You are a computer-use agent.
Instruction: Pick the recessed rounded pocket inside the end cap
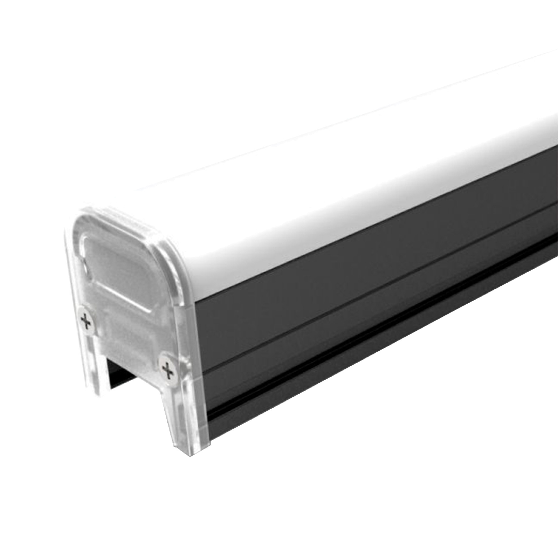(116, 260)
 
